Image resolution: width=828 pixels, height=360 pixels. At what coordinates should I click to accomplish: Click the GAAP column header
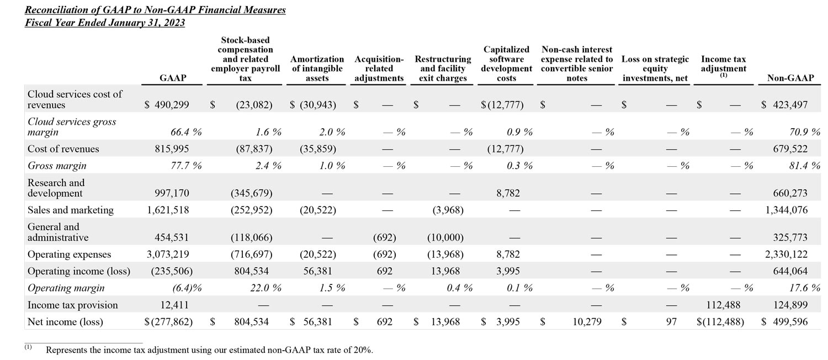[173, 78]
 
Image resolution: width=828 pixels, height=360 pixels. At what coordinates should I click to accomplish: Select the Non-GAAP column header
[790, 78]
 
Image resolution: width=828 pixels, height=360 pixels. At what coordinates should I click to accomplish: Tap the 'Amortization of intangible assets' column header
[317, 68]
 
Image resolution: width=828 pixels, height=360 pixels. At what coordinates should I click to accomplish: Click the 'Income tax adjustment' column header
[723, 64]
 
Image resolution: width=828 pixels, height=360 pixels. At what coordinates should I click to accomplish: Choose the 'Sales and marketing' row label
[70, 210]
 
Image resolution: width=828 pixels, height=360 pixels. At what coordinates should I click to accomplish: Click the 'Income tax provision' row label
[72, 305]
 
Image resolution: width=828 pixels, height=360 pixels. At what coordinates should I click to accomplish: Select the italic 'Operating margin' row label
[66, 288]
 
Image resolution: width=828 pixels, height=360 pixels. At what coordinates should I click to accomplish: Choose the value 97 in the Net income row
[666, 321]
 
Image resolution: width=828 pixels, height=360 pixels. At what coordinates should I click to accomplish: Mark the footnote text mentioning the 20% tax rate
[209, 350]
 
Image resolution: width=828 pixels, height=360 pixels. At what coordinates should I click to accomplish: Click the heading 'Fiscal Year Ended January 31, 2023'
[105, 23]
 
